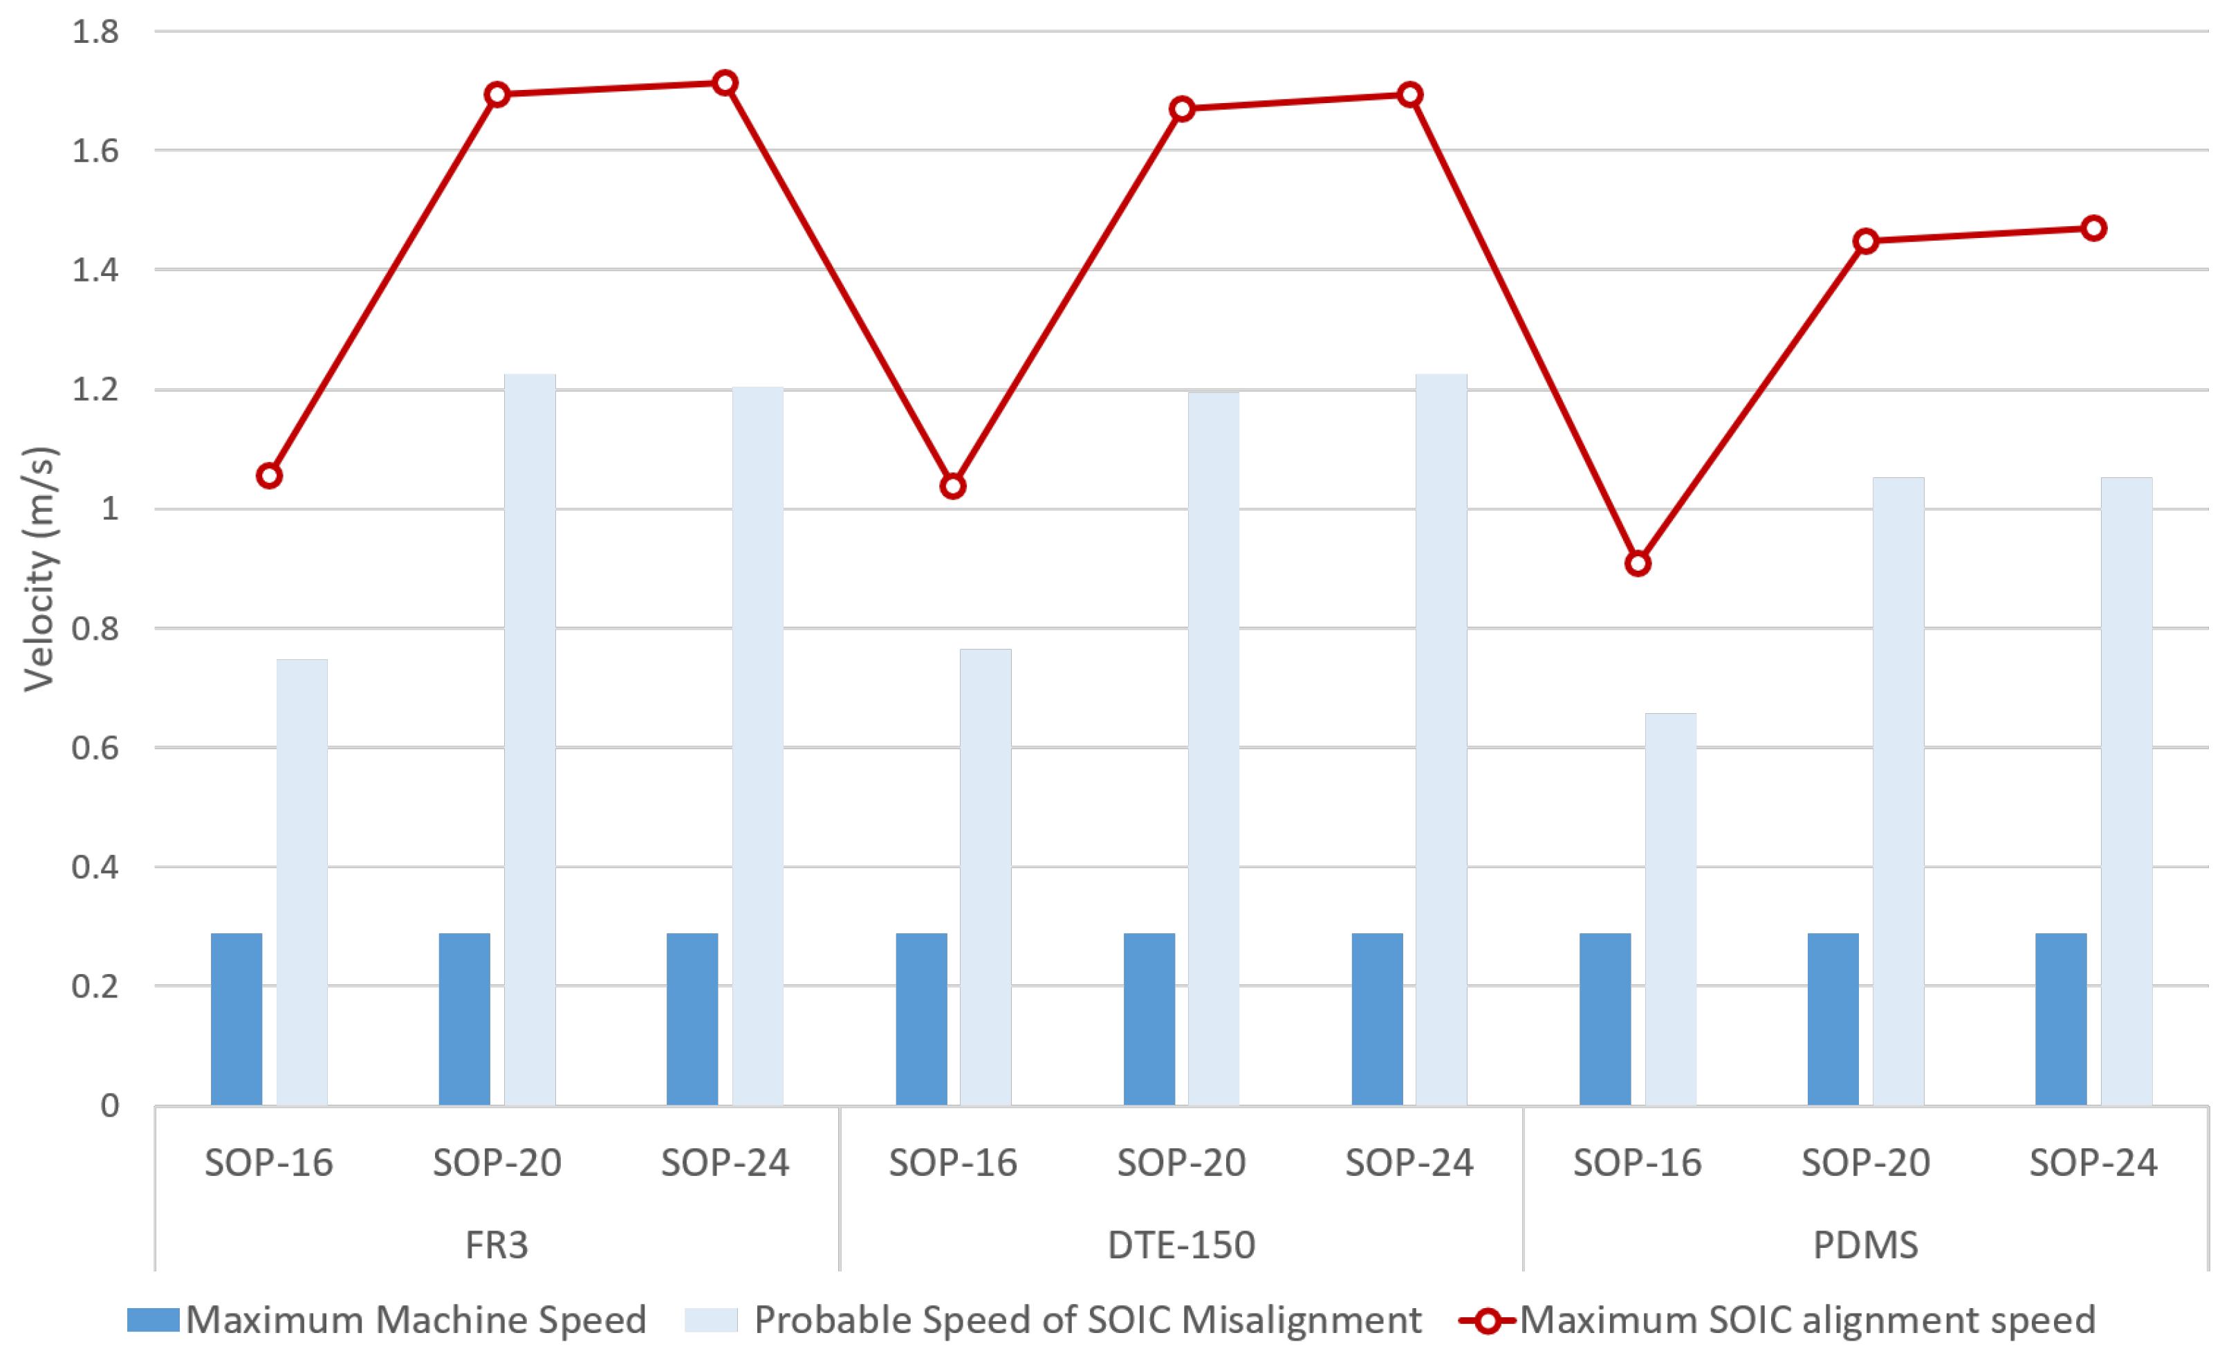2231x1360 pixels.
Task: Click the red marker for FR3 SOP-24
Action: point(724,83)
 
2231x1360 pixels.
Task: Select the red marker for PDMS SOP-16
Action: point(1637,564)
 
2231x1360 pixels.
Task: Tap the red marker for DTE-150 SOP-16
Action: point(952,486)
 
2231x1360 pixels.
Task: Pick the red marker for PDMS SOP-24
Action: point(2093,228)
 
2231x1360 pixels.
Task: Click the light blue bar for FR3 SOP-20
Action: point(530,739)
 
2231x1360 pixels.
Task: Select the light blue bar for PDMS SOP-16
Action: point(1671,909)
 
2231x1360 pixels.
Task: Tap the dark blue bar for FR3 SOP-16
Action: point(237,1019)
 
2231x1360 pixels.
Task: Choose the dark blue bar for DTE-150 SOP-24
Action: point(1377,1019)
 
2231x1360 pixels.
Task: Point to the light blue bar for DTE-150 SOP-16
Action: point(986,876)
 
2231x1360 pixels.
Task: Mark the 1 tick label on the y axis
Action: point(109,509)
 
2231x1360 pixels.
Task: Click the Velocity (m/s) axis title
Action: point(40,569)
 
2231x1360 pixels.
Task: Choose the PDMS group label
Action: point(1865,1245)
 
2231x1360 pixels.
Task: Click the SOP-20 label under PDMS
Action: point(1865,1163)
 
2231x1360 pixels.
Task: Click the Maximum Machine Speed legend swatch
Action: point(153,1319)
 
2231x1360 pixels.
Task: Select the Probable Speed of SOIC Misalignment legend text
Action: point(1087,1320)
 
